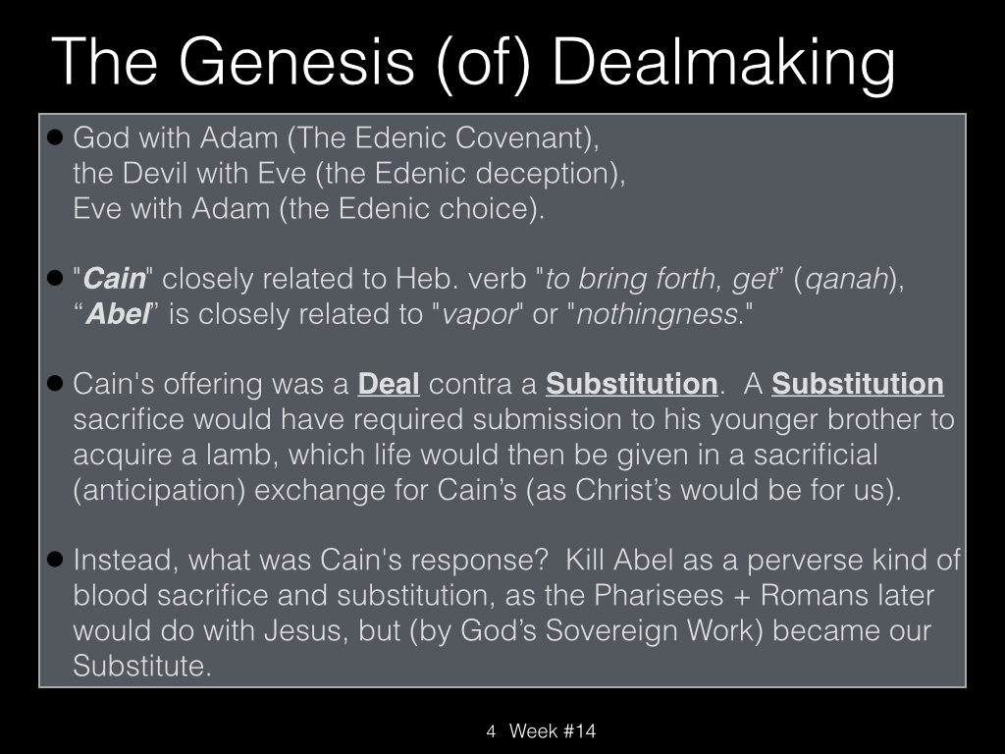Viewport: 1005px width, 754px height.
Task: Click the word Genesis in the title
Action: (296, 62)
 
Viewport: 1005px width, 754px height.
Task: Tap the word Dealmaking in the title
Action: (723, 63)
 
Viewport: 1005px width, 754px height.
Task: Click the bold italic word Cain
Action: (115, 279)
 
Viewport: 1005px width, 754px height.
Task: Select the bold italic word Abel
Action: (119, 314)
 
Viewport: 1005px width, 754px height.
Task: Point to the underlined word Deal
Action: (389, 384)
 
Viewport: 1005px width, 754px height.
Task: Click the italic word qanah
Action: (847, 280)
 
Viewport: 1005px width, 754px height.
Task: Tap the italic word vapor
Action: (479, 315)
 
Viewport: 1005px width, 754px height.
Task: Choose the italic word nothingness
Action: (657, 314)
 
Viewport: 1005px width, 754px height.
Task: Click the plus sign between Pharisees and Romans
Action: (742, 597)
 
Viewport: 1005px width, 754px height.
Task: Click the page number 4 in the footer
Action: (491, 731)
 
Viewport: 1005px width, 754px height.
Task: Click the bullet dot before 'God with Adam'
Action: (56, 137)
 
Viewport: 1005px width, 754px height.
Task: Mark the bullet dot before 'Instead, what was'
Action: (56, 559)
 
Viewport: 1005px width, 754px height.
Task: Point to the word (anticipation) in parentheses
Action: (160, 491)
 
